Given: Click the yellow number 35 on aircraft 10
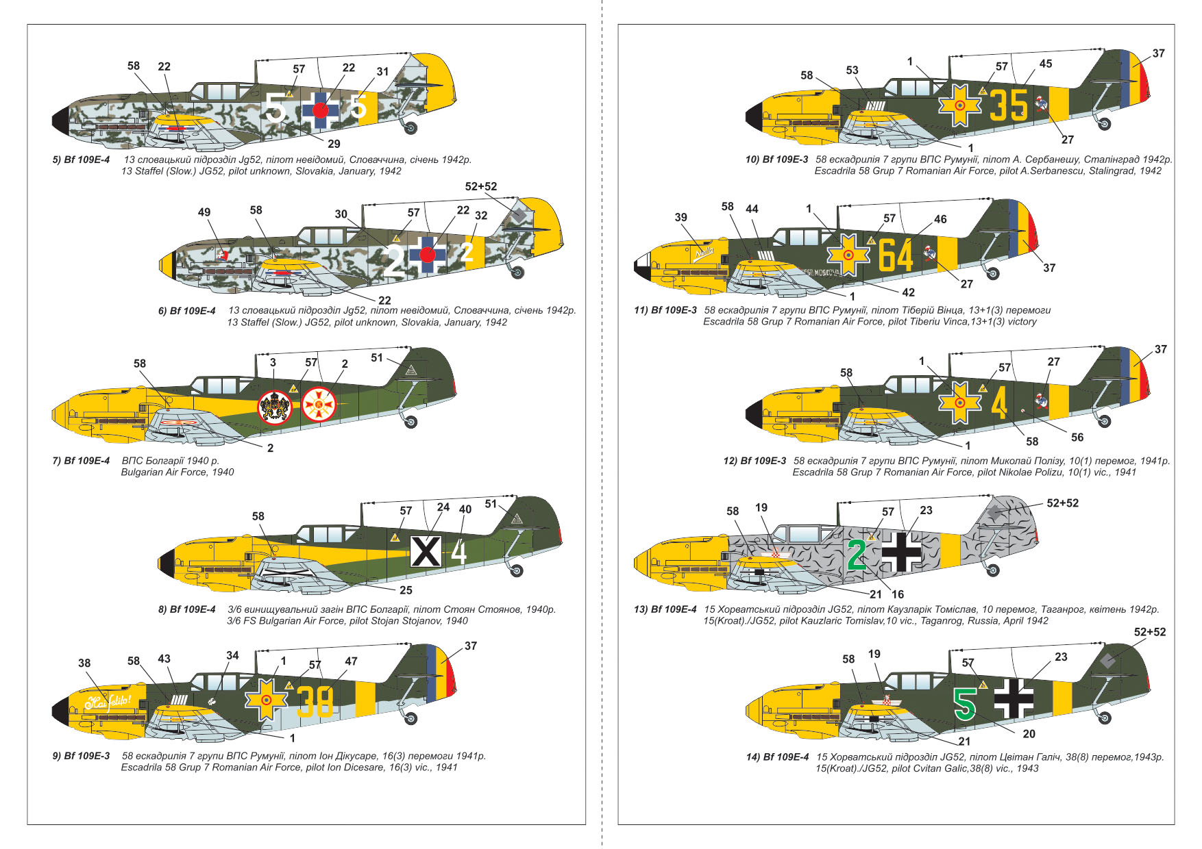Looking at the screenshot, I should [1009, 105].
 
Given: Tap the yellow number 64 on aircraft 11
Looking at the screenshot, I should [896, 255].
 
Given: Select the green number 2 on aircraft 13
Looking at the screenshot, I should [857, 555].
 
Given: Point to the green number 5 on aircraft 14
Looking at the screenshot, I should [965, 703].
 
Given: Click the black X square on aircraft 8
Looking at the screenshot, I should [425, 551].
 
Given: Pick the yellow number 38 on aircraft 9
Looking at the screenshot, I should [315, 700].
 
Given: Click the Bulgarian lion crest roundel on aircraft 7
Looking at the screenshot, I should [274, 407].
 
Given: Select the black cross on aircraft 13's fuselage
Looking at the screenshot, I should [901, 552].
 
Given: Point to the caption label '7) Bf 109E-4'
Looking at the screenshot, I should [81, 461].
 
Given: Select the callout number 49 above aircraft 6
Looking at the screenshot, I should [204, 212].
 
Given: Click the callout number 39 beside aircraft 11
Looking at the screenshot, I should [680, 217].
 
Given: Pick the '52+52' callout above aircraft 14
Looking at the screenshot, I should [1149, 632].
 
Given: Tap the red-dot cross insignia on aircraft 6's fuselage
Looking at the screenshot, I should [427, 255].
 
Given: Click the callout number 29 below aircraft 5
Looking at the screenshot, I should [334, 144].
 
